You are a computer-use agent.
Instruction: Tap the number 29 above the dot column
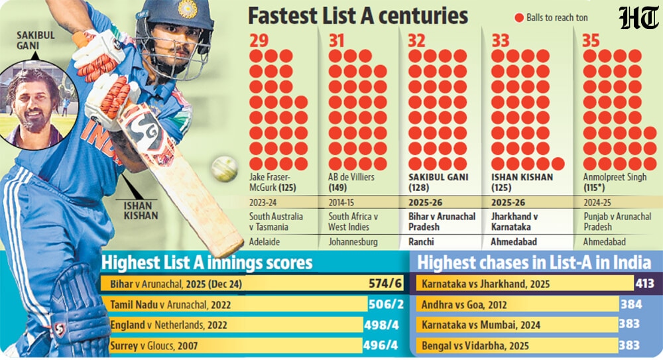coord(260,40)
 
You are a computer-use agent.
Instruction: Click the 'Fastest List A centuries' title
coord(358,15)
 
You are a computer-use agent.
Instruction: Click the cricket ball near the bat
coord(224,170)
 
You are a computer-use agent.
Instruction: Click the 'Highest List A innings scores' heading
coord(206,263)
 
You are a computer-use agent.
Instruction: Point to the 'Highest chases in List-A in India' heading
coord(534,263)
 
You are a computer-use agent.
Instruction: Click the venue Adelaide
coord(266,243)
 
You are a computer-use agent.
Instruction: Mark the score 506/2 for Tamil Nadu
coord(386,305)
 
